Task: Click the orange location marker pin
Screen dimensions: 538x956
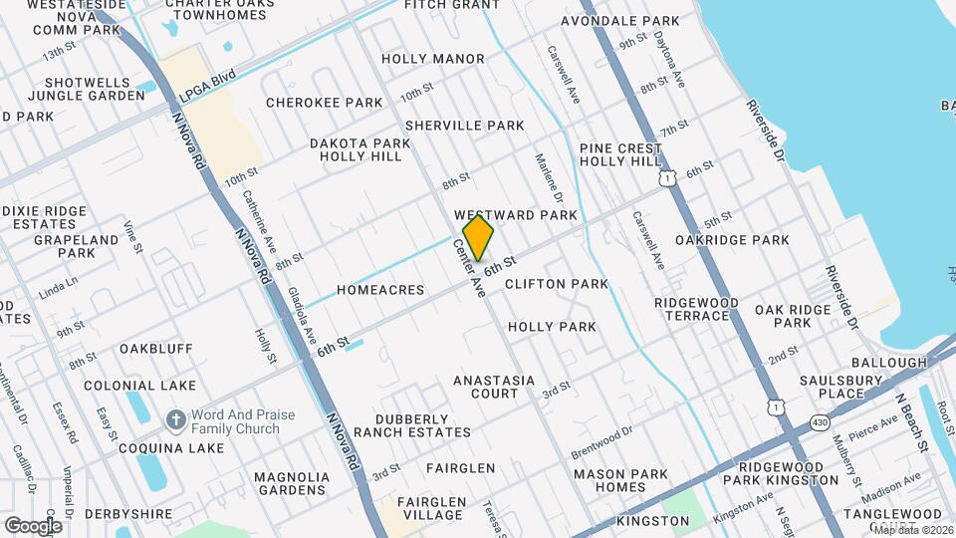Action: pyautogui.click(x=479, y=238)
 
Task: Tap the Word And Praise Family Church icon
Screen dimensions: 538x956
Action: pyautogui.click(x=175, y=418)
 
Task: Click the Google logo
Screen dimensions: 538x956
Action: pyautogui.click(x=33, y=525)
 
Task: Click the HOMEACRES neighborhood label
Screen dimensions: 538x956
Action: pyautogui.click(x=380, y=290)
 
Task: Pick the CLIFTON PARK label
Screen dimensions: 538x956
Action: pyautogui.click(x=556, y=284)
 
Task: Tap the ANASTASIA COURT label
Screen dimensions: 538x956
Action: pyautogui.click(x=494, y=387)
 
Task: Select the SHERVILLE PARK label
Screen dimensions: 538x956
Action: pyautogui.click(x=464, y=126)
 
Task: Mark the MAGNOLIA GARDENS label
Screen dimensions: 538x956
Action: pyautogui.click(x=292, y=483)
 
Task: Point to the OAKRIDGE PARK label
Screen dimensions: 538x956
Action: pyautogui.click(x=732, y=240)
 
